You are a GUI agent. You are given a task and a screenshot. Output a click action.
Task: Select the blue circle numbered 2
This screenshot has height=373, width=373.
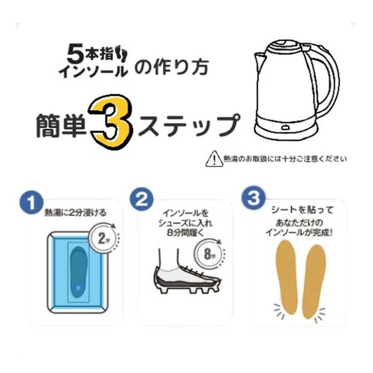tap(142, 200)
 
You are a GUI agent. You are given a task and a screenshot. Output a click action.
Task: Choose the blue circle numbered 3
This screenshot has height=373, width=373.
tap(254, 197)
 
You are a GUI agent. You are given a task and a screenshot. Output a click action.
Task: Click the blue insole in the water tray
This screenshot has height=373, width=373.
tap(78, 272)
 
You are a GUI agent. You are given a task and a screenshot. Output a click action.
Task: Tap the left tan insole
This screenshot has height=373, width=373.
tap(287, 278)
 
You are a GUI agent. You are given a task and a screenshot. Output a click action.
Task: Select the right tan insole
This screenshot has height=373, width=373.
tap(314, 282)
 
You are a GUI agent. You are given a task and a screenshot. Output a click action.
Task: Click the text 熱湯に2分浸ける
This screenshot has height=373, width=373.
tap(76, 213)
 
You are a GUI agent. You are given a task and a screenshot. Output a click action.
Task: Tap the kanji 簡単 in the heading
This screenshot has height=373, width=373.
tap(62, 125)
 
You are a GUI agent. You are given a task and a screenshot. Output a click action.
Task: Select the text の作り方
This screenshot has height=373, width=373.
tap(172, 67)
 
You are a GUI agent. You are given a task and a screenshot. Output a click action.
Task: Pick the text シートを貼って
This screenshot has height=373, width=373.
tap(303, 210)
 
